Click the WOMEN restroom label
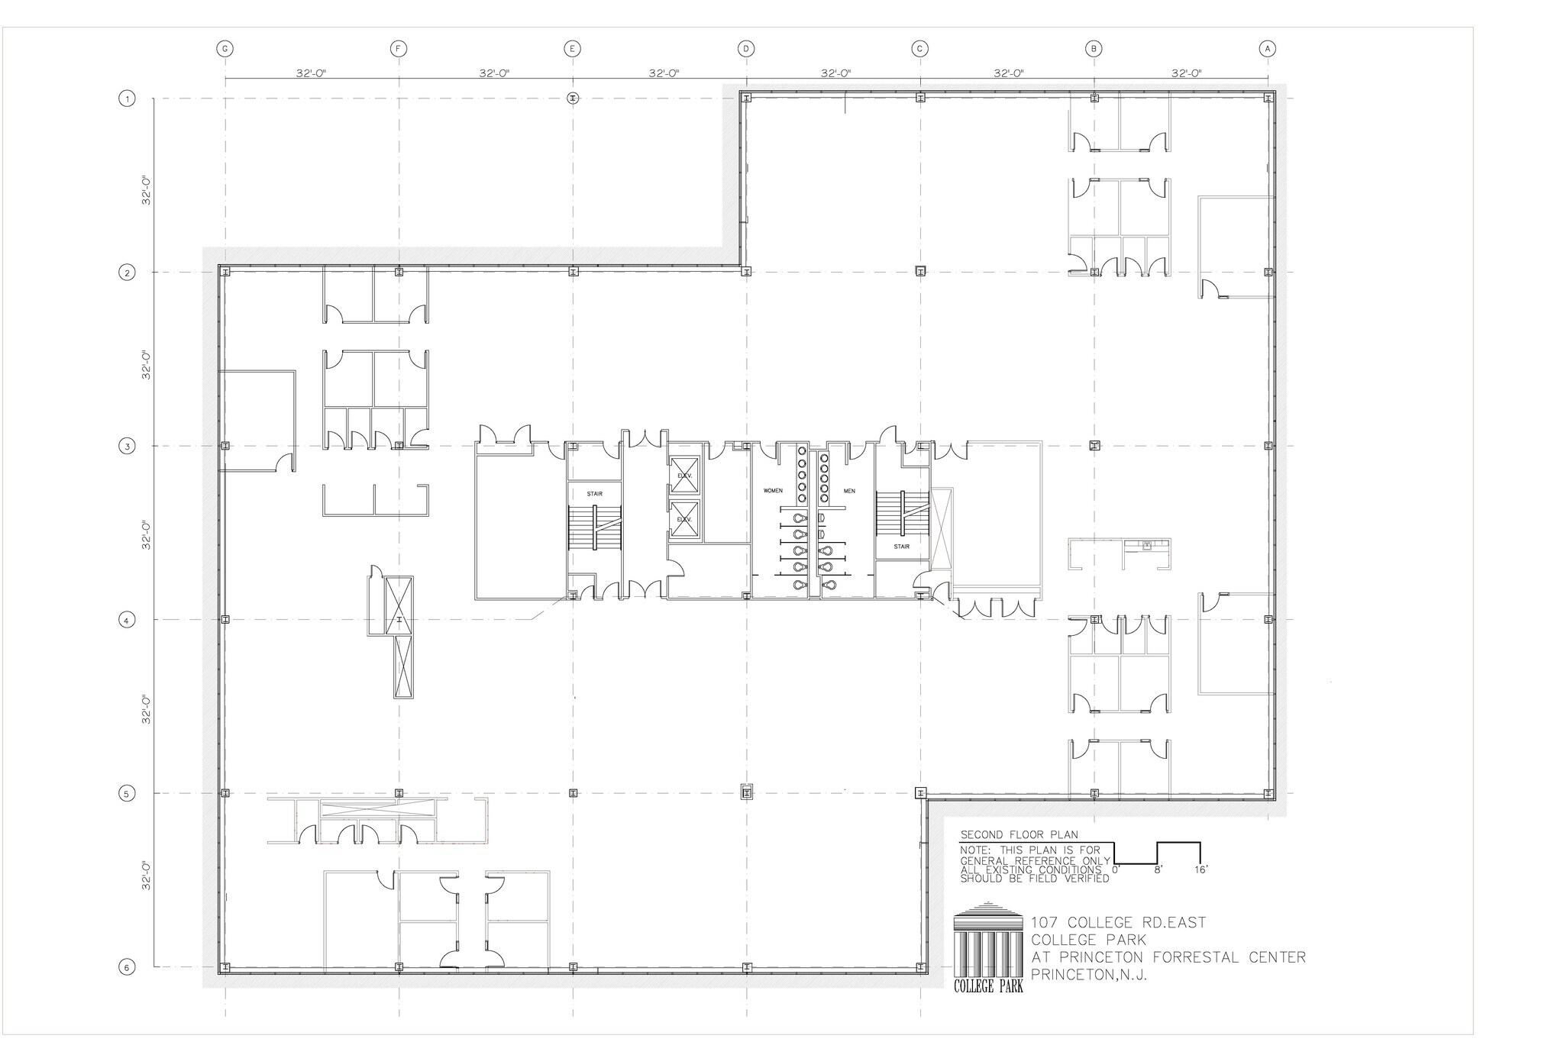(773, 490)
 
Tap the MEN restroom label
(849, 491)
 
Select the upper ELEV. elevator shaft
(683, 474)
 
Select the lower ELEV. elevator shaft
(683, 519)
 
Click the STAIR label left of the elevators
(594, 494)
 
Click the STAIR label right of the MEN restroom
(902, 547)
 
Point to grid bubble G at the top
(225, 49)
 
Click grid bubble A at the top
(1267, 49)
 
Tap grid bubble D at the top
(746, 49)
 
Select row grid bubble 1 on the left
(127, 98)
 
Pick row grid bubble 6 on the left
(127, 967)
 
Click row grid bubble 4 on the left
(127, 620)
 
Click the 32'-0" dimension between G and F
(312, 73)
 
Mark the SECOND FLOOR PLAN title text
(1008, 835)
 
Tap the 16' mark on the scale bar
(1201, 869)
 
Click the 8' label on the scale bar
(1158, 869)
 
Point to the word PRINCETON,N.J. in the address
(1089, 975)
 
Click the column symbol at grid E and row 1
(573, 98)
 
